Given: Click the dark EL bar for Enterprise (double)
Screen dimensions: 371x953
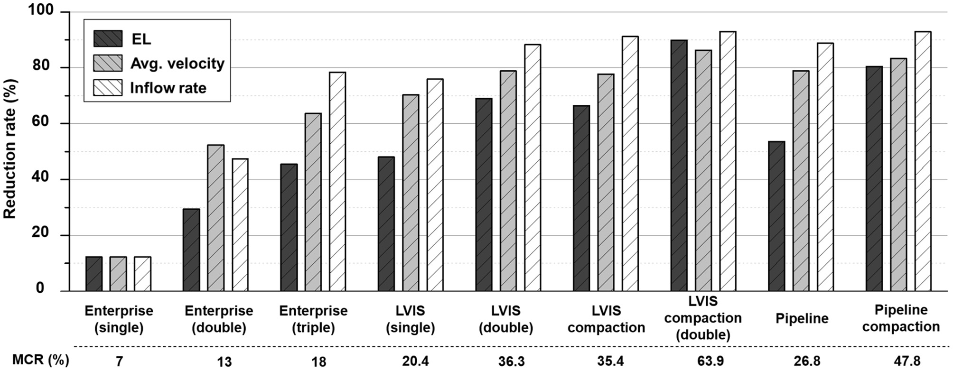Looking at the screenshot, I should (191, 250).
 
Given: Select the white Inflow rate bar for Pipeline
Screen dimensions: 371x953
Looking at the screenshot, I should (825, 167).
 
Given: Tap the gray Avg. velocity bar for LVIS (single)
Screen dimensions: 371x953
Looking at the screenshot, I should (411, 193).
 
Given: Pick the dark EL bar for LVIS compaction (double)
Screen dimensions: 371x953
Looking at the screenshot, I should (679, 166).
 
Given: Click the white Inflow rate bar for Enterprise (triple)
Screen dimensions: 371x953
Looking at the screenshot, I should (337, 181).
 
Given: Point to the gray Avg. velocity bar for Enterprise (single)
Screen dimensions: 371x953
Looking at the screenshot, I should (118, 274).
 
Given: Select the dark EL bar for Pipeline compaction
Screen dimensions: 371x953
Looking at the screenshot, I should (874, 178).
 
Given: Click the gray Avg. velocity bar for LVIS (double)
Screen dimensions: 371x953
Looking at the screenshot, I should (508, 181).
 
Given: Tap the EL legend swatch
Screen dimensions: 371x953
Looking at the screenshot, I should (108, 39).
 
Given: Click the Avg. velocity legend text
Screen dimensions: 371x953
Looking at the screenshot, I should (177, 64).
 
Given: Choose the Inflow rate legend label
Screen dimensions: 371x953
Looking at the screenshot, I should (168, 88).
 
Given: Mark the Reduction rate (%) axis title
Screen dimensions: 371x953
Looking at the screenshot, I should (10, 148).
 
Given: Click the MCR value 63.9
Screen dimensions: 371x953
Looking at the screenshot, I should (710, 361).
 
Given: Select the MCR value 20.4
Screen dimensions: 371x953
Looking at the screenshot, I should (415, 361).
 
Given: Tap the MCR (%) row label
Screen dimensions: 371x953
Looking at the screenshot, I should (40, 360).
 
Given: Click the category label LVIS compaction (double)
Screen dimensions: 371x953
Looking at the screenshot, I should (703, 318).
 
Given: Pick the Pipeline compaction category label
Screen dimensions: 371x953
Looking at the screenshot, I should (901, 318).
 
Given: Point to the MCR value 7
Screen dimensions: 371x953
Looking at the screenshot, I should (119, 362).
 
